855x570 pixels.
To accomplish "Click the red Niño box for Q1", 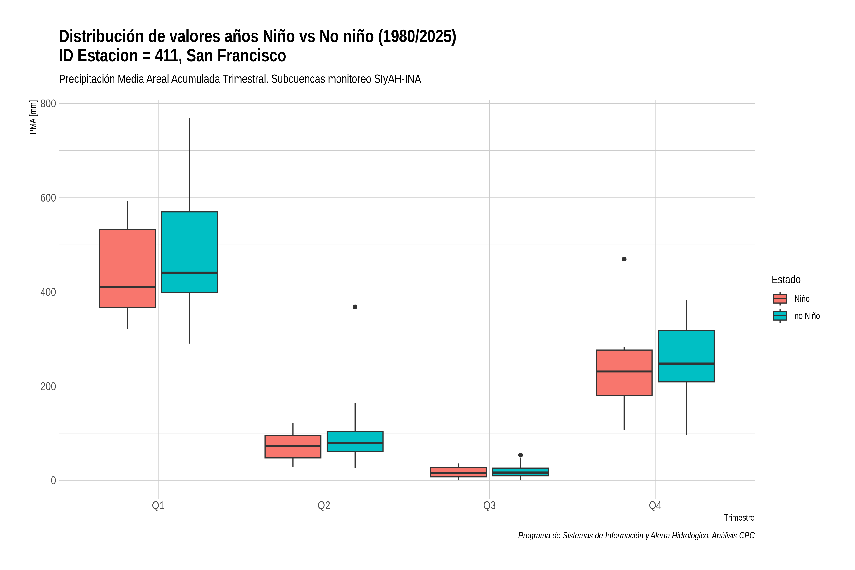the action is [x=127, y=269].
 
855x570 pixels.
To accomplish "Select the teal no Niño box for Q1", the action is [x=189, y=252].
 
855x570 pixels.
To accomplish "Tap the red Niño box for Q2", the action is [x=293, y=446].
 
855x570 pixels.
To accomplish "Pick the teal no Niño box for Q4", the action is [x=686, y=356].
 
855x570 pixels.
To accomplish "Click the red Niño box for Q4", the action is [x=624, y=373].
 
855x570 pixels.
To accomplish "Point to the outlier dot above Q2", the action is [x=355, y=307].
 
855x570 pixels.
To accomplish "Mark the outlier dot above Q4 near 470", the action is [x=624, y=259].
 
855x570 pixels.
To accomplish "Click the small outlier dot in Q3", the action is [x=521, y=455].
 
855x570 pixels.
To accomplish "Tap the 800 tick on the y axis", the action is [x=48, y=104].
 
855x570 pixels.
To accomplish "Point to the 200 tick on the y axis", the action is [x=48, y=386].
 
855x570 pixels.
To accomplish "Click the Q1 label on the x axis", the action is [x=158, y=505].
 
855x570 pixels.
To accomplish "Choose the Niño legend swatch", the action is [x=780, y=299].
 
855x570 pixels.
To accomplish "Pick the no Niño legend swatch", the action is [x=780, y=316].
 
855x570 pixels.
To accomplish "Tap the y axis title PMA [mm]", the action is [x=33, y=117].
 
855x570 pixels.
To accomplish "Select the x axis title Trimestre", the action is [x=739, y=518].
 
